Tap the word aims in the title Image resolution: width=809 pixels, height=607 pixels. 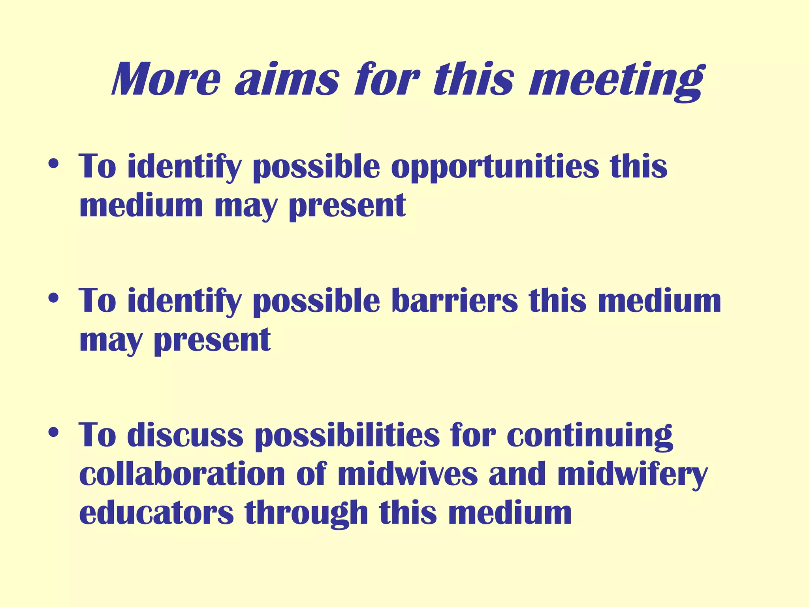coord(287,79)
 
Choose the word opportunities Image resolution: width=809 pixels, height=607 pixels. coord(495,168)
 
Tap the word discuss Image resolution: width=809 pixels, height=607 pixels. coord(185,435)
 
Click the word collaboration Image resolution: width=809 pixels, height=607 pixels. coord(182,474)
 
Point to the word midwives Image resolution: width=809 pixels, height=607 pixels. coord(408,474)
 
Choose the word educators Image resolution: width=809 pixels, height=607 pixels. coord(156,513)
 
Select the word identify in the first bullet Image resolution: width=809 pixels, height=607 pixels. coord(184,168)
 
